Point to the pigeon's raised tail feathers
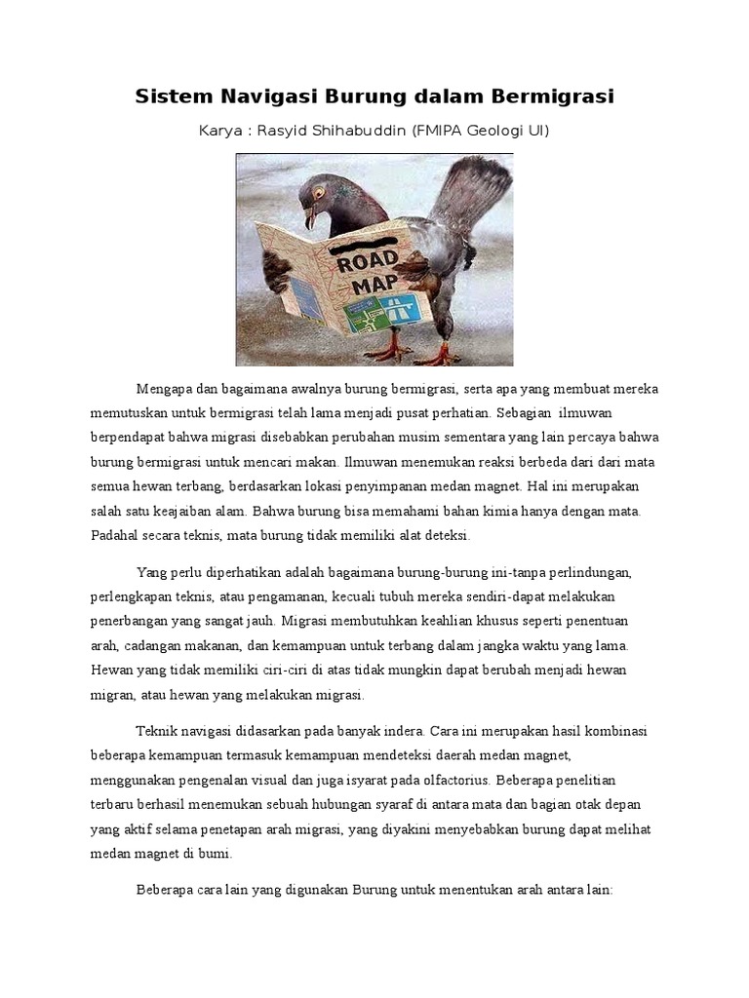pos(468,195)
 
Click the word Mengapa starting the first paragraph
pos(167,391)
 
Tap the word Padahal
pos(117,534)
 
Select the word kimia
pos(530,510)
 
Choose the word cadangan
pos(149,643)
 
